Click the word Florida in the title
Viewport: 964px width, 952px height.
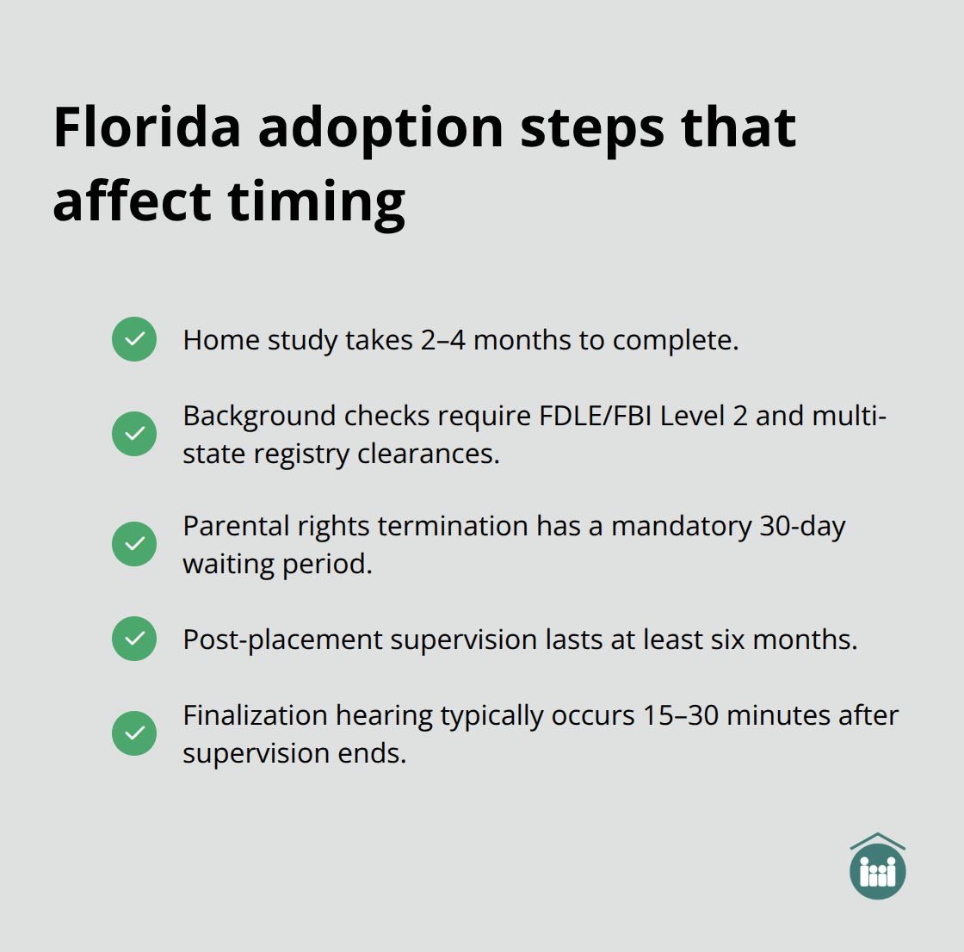pos(147,127)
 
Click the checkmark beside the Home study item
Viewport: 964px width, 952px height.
pos(134,339)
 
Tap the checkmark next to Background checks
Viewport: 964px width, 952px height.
pos(134,433)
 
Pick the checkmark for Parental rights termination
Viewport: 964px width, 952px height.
pos(134,544)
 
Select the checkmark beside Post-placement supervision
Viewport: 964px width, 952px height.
pos(134,639)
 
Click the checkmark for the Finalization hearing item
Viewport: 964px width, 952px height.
pos(134,733)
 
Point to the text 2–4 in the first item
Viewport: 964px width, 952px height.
pos(442,340)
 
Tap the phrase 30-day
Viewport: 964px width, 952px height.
pos(802,527)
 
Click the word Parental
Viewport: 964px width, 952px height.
pos(226,526)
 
